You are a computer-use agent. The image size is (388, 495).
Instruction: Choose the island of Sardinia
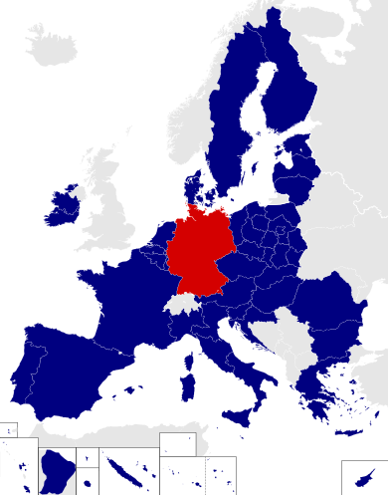click(x=186, y=386)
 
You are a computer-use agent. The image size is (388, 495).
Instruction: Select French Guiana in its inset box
click(x=57, y=468)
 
